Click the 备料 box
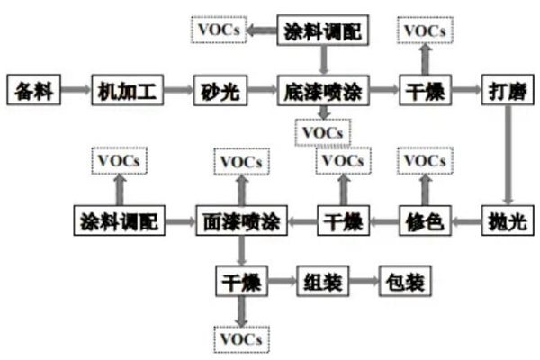tap(32, 91)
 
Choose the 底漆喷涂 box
tap(322, 91)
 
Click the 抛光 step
tap(507, 220)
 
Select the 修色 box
tap(424, 220)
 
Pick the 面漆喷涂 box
tap(239, 220)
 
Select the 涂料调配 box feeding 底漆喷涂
tap(322, 31)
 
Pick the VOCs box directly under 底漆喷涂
tap(323, 132)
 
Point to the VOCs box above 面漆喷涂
tap(239, 163)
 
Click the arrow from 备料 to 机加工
tap(76, 91)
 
